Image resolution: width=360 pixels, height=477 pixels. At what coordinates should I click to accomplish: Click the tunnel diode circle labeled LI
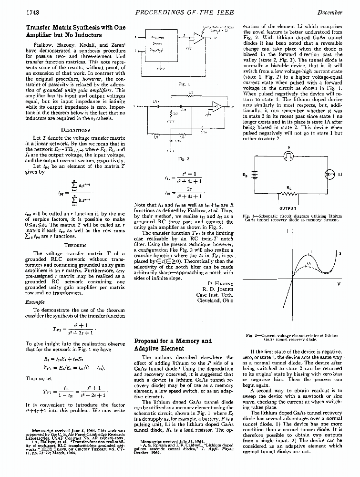329,175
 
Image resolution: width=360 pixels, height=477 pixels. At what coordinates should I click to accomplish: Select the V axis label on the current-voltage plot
339,284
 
